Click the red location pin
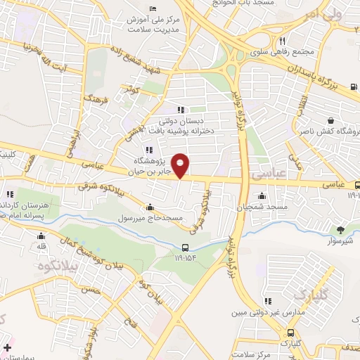(181, 165)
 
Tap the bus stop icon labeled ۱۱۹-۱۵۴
(185, 247)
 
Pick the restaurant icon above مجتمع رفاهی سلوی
(282, 41)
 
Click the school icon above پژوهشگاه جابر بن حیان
(148, 150)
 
